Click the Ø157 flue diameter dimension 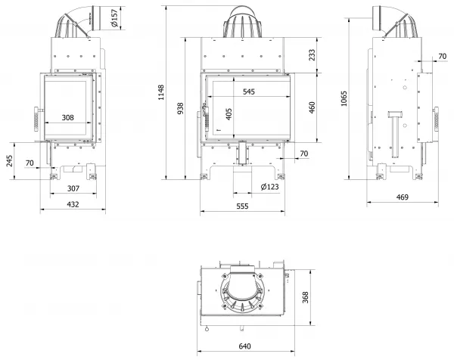115,18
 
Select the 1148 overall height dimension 161,92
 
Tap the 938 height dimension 180,108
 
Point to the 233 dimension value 312,55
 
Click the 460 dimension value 312,107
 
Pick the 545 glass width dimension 249,92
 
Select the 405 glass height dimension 229,114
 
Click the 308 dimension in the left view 68,117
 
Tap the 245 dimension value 10,161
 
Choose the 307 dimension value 73,188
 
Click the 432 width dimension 73,204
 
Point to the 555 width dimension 242,206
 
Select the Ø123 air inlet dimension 269,187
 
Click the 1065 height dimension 344,98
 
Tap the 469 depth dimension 403,197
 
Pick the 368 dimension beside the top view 305,297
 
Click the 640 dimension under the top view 244,346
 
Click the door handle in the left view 37,119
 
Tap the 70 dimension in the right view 442,56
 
